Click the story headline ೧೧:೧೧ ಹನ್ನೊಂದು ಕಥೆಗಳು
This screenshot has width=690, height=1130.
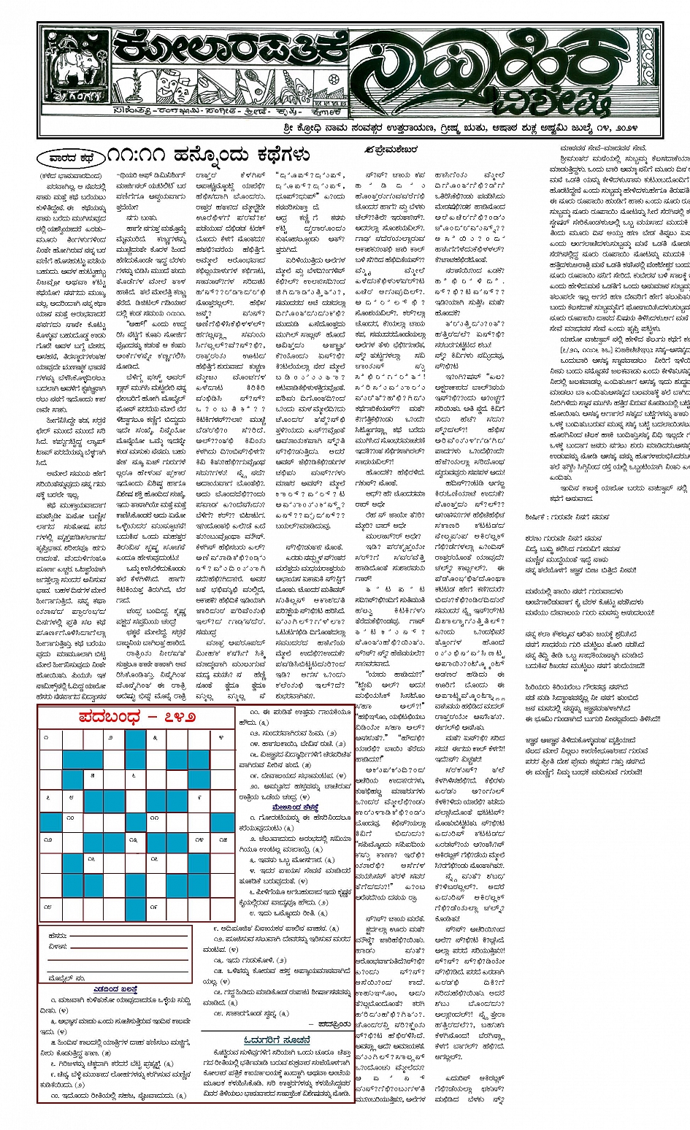[x=208, y=155]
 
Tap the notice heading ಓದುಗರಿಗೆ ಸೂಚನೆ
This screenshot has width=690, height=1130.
[x=278, y=1039]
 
